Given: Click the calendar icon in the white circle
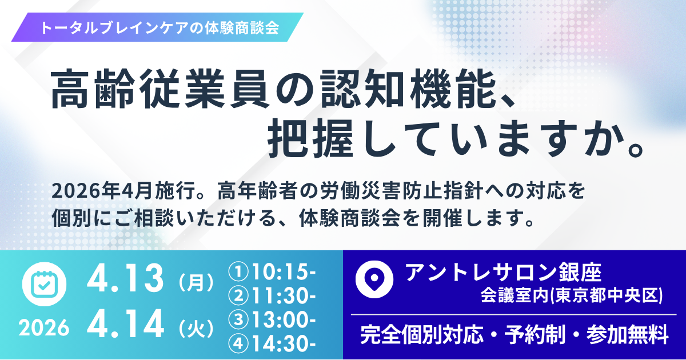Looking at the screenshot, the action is [45, 284].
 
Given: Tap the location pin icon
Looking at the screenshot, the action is [374, 279].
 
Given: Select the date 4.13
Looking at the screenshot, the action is [125, 278].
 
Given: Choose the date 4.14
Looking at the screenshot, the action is [125, 324].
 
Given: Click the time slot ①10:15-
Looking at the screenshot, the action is [272, 272].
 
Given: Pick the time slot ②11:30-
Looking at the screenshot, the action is [272, 296].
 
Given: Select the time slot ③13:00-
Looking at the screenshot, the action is [272, 320].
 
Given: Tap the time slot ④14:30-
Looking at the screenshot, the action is [272, 344].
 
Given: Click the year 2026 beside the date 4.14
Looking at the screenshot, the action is [44, 328].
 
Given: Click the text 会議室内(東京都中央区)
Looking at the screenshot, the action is [572, 295].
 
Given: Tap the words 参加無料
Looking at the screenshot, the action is [627, 335].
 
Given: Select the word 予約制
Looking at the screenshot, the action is [535, 335].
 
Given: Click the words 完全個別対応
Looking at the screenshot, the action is [422, 335].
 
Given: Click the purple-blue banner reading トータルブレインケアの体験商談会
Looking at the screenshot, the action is [157, 27].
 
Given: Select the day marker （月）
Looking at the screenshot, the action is [196, 282].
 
